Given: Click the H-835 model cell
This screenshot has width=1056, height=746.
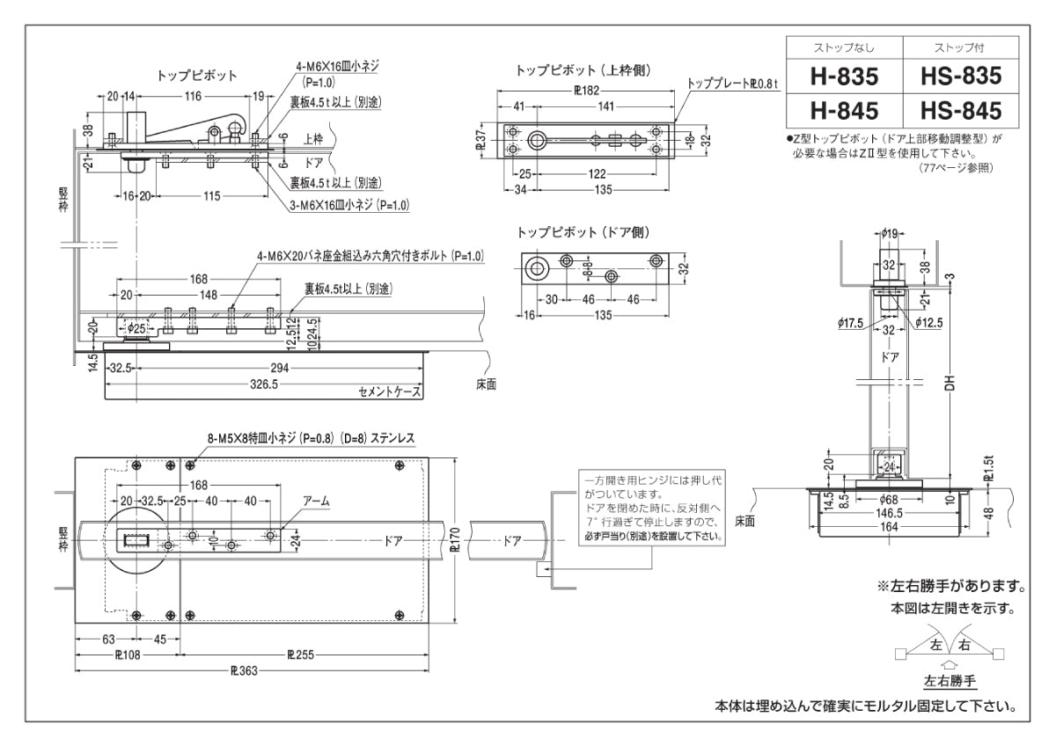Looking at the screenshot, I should click(844, 77).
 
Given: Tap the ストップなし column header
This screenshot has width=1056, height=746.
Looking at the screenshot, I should click(844, 48).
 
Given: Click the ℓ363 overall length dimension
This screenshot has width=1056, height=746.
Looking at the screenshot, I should click(244, 669).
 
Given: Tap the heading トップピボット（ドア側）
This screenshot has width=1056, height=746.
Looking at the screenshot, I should click(583, 232).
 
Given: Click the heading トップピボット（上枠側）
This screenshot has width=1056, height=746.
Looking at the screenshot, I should click(583, 69).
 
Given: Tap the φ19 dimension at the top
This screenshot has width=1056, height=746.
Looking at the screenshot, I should click(889, 233).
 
